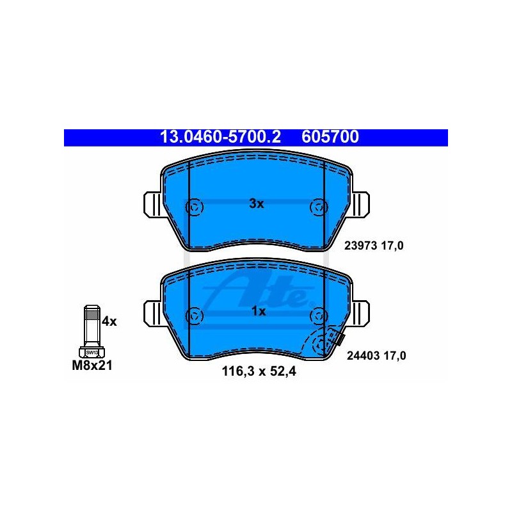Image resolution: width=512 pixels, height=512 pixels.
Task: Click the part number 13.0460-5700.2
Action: point(220,137)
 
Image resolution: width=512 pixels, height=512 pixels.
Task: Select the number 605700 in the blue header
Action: point(330,137)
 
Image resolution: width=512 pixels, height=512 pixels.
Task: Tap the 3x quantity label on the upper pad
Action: point(257,204)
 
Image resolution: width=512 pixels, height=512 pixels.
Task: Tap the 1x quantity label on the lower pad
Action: point(259,311)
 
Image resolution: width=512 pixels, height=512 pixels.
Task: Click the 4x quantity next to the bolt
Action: point(109,322)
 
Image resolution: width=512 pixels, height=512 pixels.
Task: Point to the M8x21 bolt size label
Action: point(92,365)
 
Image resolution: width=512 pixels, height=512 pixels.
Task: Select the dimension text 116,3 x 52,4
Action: point(259,371)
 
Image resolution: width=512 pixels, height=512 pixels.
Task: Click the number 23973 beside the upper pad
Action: point(361,246)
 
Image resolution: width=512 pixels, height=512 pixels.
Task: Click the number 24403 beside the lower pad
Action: point(364,356)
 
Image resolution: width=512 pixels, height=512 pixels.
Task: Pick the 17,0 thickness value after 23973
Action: point(392,246)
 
